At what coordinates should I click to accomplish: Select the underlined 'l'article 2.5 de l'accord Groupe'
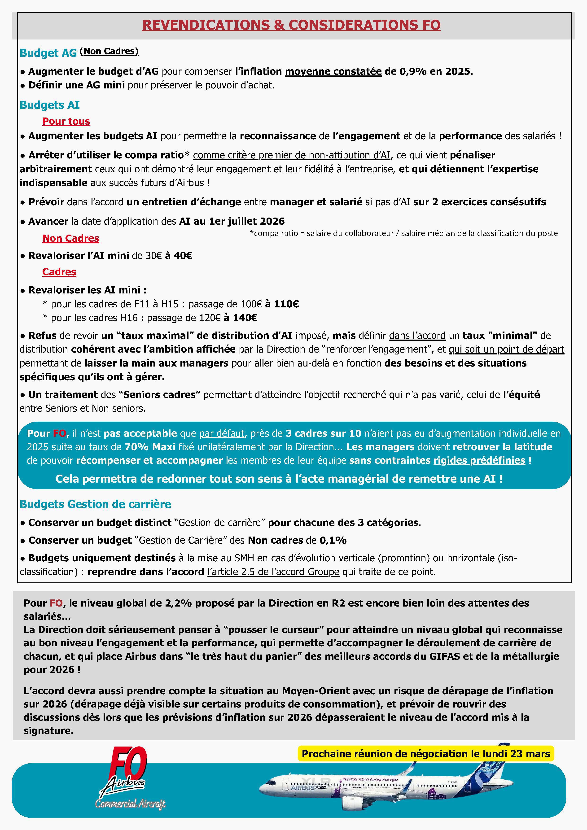273,572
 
